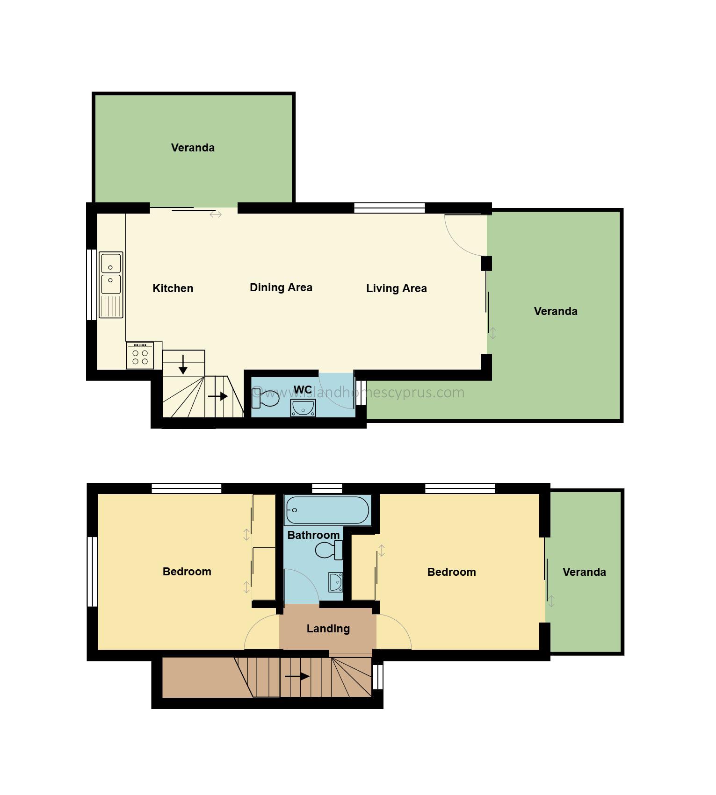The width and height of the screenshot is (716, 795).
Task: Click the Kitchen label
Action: (x=173, y=288)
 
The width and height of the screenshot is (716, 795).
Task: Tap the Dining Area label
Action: (x=281, y=288)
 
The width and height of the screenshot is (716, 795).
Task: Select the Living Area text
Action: (x=397, y=289)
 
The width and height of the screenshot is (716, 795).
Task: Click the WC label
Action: (x=303, y=390)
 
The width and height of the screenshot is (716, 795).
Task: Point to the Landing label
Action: (x=328, y=629)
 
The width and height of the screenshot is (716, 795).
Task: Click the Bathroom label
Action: (x=313, y=535)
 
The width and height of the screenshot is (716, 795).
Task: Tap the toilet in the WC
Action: (x=265, y=398)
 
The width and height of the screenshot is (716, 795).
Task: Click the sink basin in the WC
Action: (x=303, y=408)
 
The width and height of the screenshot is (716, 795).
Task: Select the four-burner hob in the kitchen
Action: (x=140, y=356)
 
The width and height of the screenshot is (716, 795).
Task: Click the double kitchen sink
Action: (x=111, y=285)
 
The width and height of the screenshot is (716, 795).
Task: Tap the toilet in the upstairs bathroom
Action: (x=330, y=550)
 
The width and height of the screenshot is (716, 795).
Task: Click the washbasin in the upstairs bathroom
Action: (x=335, y=582)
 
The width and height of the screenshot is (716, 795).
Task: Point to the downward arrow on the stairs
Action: (x=183, y=365)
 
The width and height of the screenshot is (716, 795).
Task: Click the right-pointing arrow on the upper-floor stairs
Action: (x=297, y=676)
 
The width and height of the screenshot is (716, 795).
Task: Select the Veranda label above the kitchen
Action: (x=193, y=148)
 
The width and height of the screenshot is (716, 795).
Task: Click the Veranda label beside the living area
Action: (x=556, y=311)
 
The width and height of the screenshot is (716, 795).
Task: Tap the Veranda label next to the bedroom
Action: (x=584, y=572)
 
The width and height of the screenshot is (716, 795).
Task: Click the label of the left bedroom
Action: (x=187, y=572)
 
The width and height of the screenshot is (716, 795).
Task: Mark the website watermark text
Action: (x=358, y=393)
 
